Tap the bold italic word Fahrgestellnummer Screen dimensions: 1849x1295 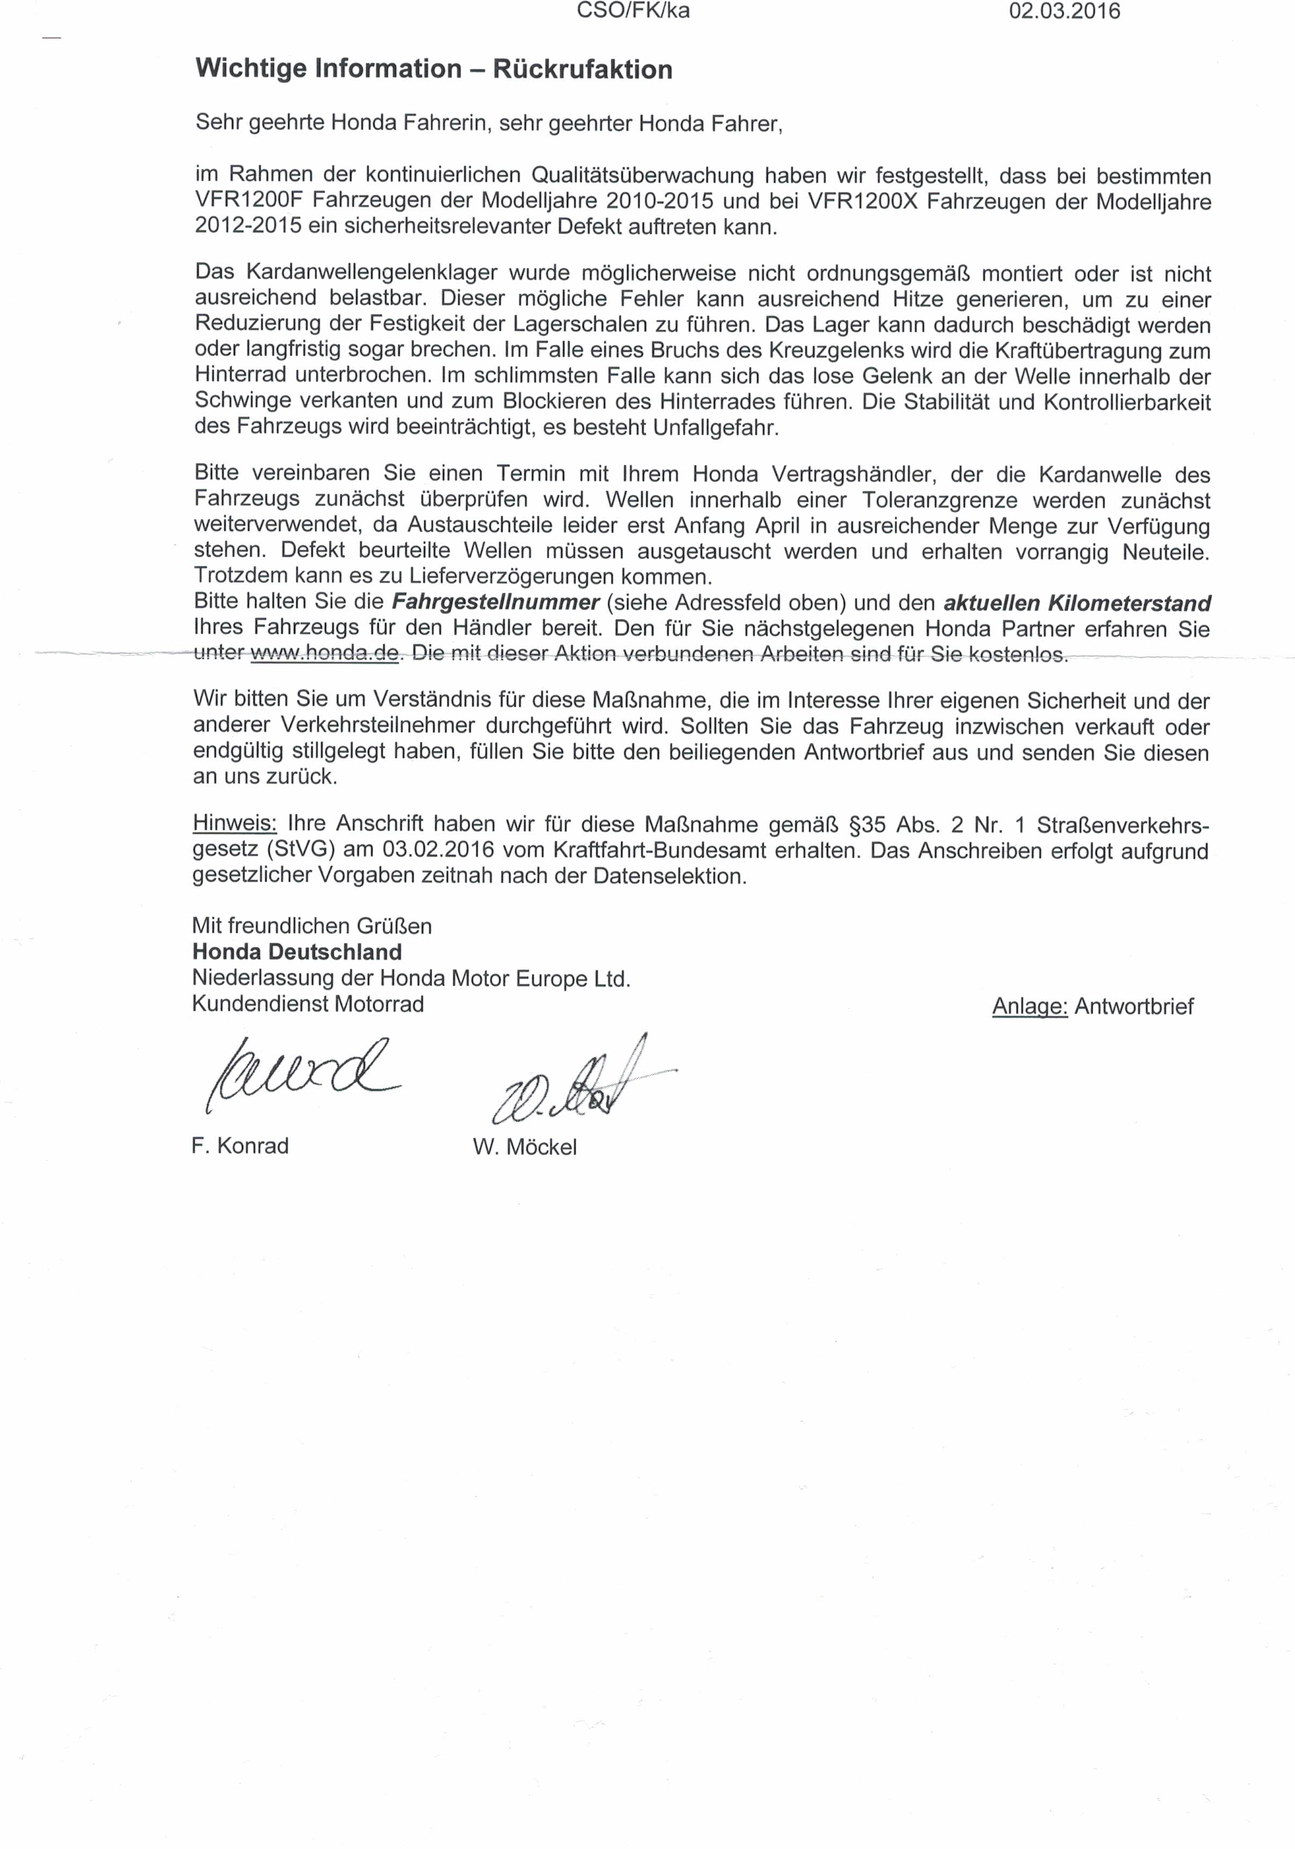tap(495, 603)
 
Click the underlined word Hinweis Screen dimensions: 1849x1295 tap(234, 824)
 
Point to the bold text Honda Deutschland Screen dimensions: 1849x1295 tap(297, 952)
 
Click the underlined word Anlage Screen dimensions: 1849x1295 tap(1029, 1007)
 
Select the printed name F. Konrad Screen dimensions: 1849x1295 tap(240, 1146)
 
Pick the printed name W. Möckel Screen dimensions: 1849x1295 tap(525, 1147)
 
